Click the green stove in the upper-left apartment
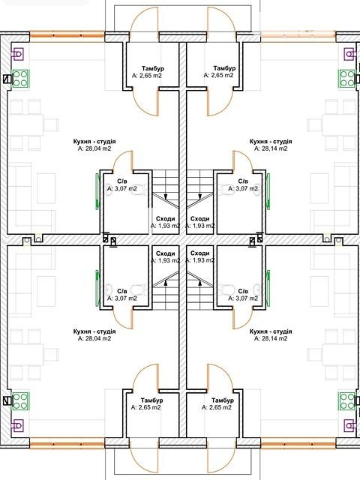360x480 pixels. (20, 79)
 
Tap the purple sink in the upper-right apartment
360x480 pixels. (350, 55)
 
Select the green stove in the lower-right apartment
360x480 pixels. (346, 401)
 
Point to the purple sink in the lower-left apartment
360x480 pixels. (17, 425)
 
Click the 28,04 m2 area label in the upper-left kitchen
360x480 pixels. (94, 148)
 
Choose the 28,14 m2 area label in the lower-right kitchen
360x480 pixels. (271, 338)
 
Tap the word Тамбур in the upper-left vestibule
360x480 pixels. (153, 68)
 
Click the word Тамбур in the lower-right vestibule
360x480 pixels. (223, 400)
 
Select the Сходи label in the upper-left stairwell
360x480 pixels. (165, 219)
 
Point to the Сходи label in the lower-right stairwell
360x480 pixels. (200, 253)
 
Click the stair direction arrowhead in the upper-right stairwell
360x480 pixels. (200, 196)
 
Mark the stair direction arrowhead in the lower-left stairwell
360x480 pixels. (166, 283)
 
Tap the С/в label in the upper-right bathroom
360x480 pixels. (243, 181)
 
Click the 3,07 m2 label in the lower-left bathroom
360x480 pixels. (121, 298)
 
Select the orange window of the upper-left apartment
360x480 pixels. (67, 36)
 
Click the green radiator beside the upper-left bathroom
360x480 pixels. (97, 192)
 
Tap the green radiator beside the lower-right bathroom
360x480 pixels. (268, 288)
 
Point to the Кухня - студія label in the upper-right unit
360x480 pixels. (271, 142)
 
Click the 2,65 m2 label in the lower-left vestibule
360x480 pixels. (146, 407)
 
